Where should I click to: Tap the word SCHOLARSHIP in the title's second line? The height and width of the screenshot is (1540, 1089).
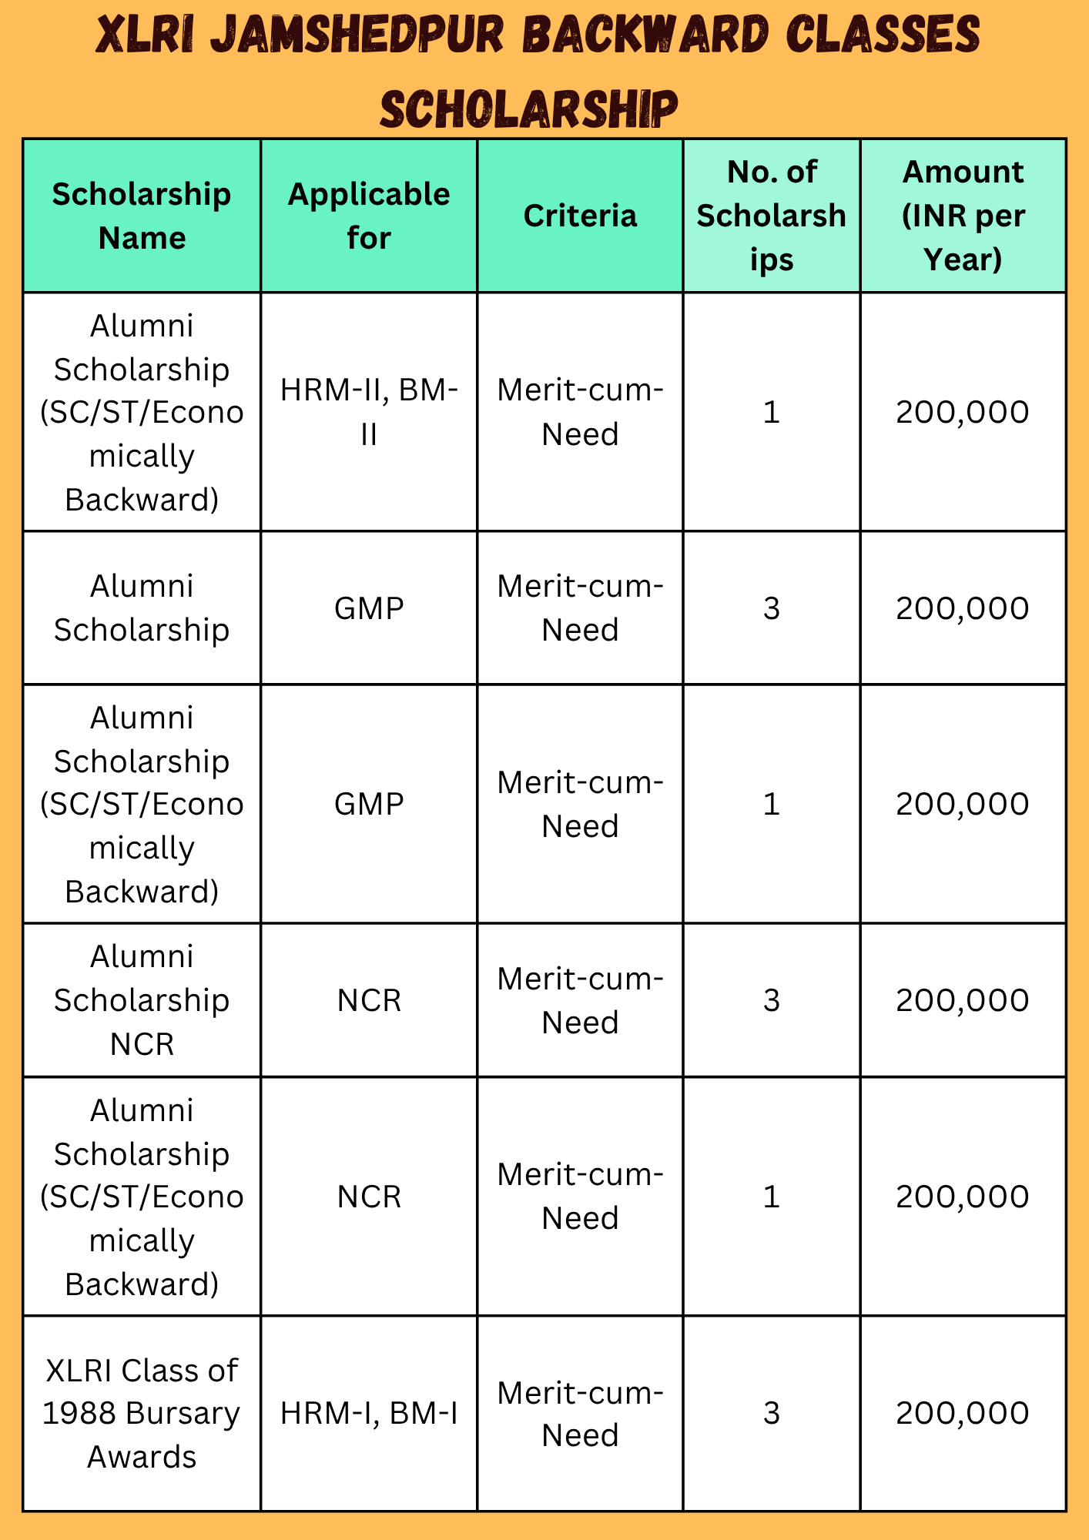[x=529, y=109]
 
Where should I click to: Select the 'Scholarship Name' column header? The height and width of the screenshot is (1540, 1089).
[x=142, y=216]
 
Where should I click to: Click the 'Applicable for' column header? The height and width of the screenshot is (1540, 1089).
[x=369, y=216]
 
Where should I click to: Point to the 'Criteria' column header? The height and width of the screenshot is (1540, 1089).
[x=580, y=216]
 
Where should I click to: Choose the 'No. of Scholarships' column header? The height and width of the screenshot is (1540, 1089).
[x=772, y=216]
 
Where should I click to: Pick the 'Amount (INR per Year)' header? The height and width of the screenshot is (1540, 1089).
[x=963, y=216]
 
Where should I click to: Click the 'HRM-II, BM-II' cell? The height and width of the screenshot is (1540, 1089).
[x=369, y=412]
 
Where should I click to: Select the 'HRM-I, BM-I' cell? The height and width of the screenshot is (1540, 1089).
[x=369, y=1413]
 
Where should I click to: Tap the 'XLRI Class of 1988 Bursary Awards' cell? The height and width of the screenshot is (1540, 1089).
[x=142, y=1414]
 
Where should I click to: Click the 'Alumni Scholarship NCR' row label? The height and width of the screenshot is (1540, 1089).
[x=142, y=1000]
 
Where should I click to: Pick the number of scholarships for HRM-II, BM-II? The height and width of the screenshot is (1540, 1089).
[x=772, y=413]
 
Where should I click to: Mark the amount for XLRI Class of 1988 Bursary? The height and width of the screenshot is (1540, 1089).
[x=963, y=1413]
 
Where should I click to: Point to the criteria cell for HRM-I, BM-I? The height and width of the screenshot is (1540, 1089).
[x=580, y=1414]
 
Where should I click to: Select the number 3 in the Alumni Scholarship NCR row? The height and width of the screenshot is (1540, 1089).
[x=772, y=1000]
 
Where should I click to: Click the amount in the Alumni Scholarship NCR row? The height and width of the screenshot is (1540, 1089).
[x=963, y=1000]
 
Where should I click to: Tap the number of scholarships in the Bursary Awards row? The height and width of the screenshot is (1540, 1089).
[x=772, y=1413]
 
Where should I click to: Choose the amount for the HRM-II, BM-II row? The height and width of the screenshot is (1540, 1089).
[x=963, y=413]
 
